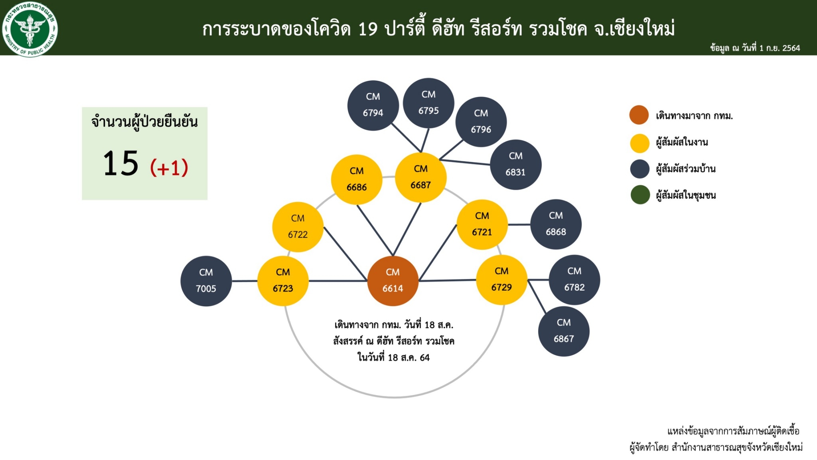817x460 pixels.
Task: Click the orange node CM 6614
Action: coord(393,281)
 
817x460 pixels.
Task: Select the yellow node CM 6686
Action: coord(357,179)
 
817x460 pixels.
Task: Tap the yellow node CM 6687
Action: coord(420,177)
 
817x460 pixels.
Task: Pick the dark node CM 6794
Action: coord(373,105)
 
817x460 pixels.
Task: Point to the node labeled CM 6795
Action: coord(428,103)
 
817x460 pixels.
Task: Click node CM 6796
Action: coord(481,122)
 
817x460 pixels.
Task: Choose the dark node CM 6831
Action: coord(515,165)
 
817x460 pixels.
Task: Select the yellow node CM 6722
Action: coord(298,227)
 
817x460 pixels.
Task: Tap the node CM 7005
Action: coord(206,281)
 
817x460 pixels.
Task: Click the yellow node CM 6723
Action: coord(283,281)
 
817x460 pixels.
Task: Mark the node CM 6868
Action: coord(556,224)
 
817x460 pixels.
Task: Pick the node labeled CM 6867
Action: coord(564,331)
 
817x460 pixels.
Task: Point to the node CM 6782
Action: coord(574,280)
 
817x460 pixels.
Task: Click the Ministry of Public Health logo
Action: coord(30,29)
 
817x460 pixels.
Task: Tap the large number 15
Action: coord(120,163)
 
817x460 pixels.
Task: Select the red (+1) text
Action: coord(169,168)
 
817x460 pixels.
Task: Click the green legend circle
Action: coord(640,195)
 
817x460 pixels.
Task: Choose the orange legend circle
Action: coord(639,115)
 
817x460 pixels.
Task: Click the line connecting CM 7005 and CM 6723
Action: coord(245,281)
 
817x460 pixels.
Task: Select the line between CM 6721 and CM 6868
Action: coord(519,224)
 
